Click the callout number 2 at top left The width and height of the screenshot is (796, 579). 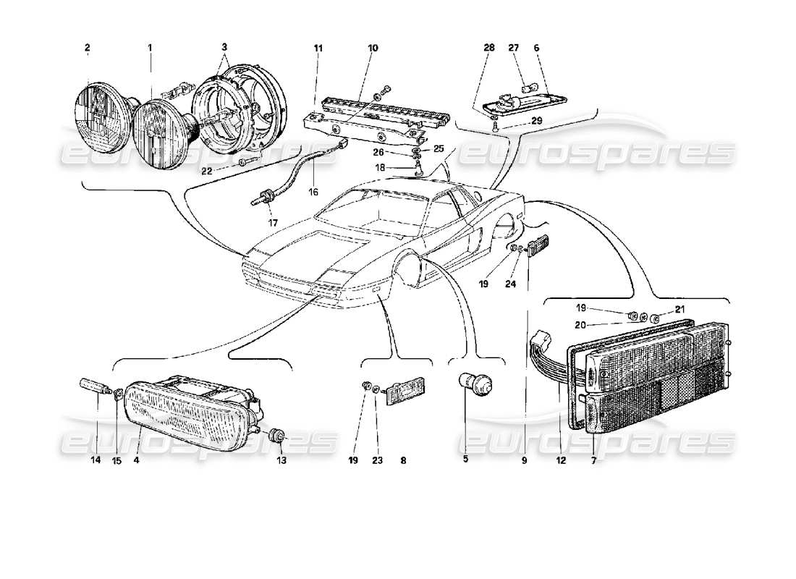click(x=87, y=48)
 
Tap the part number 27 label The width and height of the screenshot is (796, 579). click(x=515, y=48)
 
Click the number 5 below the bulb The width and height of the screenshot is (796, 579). click(x=465, y=459)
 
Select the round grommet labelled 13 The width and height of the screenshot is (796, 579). click(x=276, y=437)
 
